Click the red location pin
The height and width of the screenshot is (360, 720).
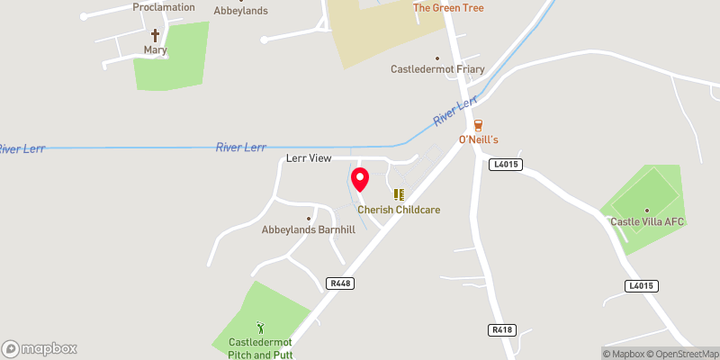click(359, 179)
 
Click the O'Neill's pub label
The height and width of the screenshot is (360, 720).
click(478, 140)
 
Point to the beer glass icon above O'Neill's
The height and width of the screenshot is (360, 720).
click(478, 125)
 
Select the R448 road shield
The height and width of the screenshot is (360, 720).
click(340, 283)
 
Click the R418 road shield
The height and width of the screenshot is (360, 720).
click(502, 330)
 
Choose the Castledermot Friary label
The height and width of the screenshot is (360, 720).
click(438, 69)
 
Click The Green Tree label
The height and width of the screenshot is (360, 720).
click(448, 8)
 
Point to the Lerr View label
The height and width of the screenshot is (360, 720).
click(309, 158)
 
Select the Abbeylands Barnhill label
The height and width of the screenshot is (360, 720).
click(309, 229)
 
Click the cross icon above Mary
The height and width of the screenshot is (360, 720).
click(155, 35)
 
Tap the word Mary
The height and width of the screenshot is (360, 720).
click(155, 50)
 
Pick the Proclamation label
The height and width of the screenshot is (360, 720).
click(163, 7)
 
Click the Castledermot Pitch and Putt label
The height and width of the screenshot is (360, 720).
click(261, 348)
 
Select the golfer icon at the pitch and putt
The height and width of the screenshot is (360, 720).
click(261, 328)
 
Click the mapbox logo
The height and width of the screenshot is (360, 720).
click(40, 348)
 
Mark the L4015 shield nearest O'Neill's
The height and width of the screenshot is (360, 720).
click(507, 165)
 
